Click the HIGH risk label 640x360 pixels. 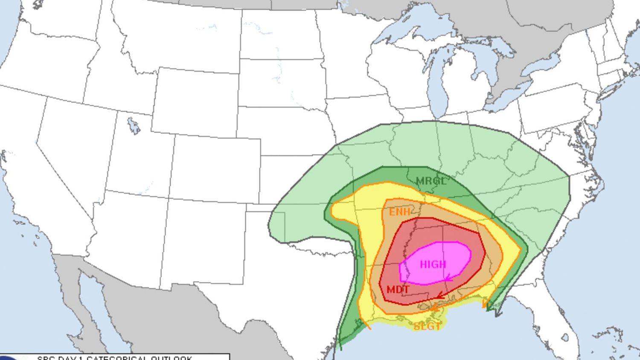(433, 264)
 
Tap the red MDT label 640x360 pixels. (398, 290)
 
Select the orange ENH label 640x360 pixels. (399, 212)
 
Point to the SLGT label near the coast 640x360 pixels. (427, 327)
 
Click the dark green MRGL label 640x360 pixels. (431, 181)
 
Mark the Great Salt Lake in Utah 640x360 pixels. (134, 125)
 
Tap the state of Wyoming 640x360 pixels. (194, 102)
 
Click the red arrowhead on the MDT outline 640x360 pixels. (439, 295)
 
